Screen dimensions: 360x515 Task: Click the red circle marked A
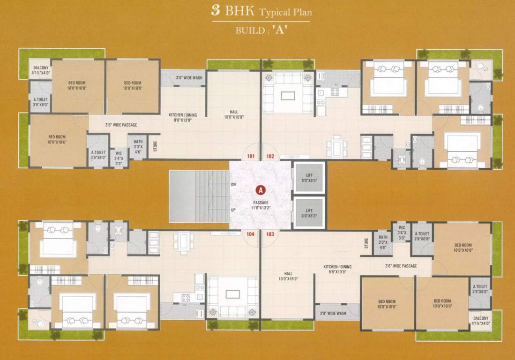click(x=260, y=190)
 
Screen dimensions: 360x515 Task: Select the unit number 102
click(x=270, y=157)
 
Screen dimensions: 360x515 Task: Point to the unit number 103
click(x=270, y=234)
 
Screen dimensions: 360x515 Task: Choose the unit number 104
click(x=250, y=234)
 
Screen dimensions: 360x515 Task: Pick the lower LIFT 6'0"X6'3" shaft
click(x=309, y=213)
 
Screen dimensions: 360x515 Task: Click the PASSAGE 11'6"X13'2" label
click(x=260, y=205)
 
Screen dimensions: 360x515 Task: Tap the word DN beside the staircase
click(x=233, y=184)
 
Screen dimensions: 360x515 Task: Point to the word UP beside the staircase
click(x=233, y=210)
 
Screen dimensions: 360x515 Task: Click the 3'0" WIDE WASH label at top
click(x=189, y=78)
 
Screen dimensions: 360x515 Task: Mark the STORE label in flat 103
click(x=366, y=243)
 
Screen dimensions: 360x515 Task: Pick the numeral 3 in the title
click(x=216, y=11)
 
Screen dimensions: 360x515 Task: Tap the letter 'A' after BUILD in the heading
click(x=279, y=32)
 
